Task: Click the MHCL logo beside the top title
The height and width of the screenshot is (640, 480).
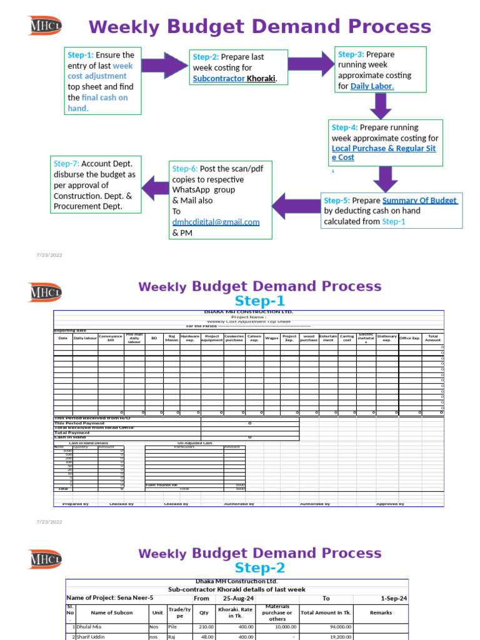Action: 46,26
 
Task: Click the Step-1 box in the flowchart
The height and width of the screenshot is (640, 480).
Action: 102,81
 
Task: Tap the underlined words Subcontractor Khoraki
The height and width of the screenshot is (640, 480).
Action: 234,78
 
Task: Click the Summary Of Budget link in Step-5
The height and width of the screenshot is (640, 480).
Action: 419,201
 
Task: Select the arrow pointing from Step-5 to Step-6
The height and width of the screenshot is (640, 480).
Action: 295,207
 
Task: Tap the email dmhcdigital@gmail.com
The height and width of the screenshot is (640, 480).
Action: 216,222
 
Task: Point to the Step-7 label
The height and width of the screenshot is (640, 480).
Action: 66,164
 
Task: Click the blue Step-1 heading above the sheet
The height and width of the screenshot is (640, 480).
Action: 259,301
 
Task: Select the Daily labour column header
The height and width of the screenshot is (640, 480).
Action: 85,338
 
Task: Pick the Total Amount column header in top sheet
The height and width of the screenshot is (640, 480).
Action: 432,338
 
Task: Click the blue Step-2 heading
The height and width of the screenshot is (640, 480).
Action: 259,567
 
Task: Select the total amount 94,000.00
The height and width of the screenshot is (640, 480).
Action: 337,626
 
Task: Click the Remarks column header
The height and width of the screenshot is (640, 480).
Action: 381,613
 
